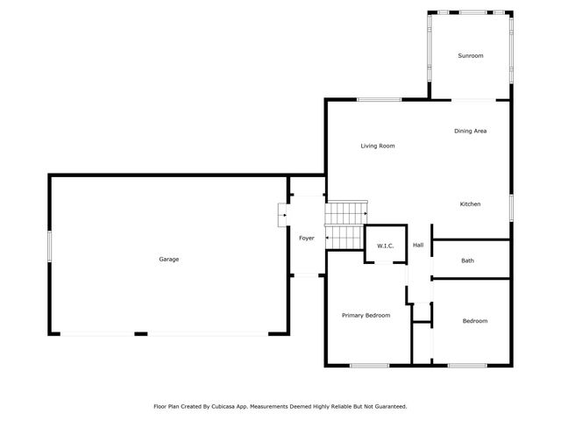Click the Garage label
pos(168,259)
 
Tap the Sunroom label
pos(471,56)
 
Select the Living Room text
pos(378,146)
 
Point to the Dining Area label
pos(470,131)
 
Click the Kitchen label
pos(470,204)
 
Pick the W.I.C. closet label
pos(385,246)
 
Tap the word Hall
pos(418,245)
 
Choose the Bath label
pos(468,260)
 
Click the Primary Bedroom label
pos(366,315)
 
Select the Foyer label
pos(307,238)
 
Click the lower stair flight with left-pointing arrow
pos(344,238)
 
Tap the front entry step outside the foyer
pos(282,215)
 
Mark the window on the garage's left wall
pos(49,245)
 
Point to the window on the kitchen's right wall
pos(510,207)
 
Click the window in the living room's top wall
pos(379,99)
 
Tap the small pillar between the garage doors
pos(140,333)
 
